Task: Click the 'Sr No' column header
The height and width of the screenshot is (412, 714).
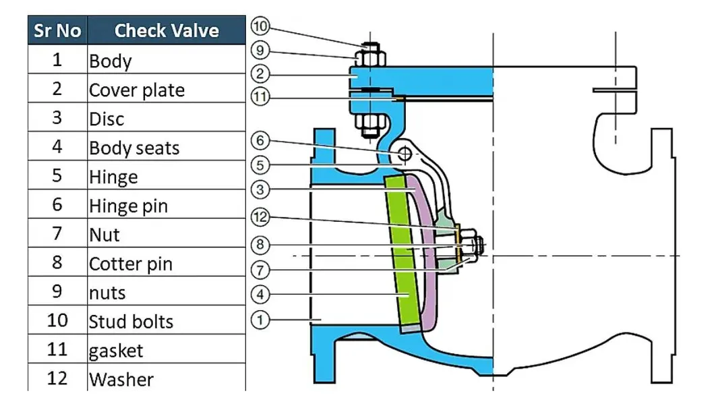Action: [57, 30]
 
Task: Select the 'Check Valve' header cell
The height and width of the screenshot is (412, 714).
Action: [167, 30]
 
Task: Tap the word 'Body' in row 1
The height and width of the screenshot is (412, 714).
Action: [111, 61]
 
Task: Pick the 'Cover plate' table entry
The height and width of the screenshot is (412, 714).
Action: [137, 90]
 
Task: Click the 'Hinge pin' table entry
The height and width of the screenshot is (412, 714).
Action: [129, 206]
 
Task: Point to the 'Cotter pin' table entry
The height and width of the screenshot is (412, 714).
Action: [131, 264]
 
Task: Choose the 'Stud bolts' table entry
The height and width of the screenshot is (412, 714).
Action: [131, 322]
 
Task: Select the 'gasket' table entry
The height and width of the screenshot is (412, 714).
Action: [117, 351]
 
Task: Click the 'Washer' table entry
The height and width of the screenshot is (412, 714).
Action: [121, 380]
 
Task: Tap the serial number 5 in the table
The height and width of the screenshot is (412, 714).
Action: [57, 177]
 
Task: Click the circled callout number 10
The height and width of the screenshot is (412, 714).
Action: [260, 26]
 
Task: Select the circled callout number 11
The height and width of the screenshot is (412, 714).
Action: [260, 97]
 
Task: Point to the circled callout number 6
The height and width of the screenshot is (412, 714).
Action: [260, 141]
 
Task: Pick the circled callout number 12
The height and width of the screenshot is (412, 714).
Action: [260, 217]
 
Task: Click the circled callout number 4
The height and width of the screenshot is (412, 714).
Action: [260, 294]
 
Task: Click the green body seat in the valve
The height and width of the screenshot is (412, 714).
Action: [402, 256]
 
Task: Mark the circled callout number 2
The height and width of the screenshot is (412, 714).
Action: [260, 73]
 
